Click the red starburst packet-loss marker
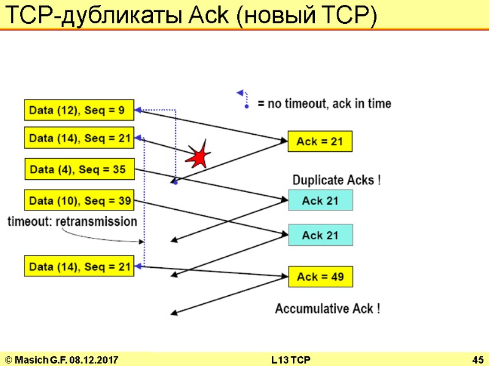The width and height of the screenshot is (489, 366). pos(199,156)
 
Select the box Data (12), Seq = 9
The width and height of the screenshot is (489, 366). pos(79,110)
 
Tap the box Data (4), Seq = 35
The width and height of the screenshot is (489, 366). pos(79,169)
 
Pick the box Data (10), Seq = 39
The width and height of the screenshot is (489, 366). pos(79,201)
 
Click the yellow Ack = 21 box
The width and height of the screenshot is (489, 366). pos(320,142)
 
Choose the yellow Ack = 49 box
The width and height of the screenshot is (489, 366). pos(320,277)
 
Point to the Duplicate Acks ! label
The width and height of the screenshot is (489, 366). pos(337,180)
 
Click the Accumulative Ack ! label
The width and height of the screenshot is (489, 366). pos(328,309)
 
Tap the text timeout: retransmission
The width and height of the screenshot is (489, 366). pos(72,221)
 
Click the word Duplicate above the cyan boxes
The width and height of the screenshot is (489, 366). pos(321,180)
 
